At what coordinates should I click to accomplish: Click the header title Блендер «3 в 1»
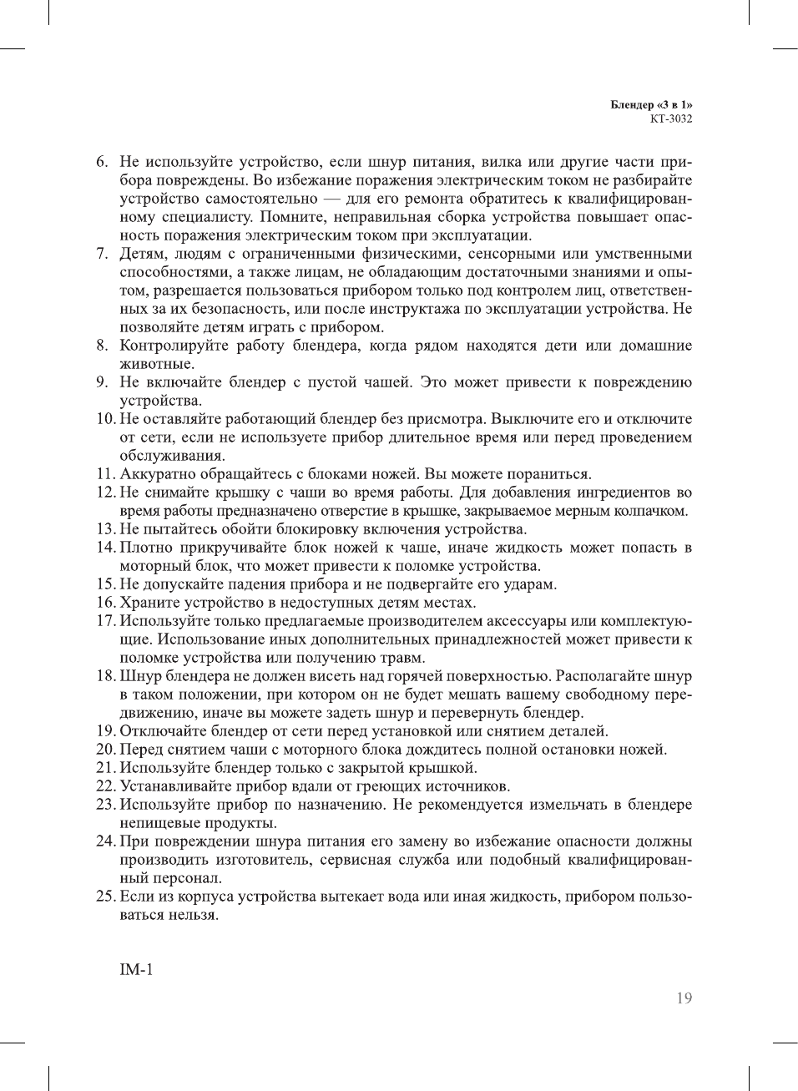pyautogui.click(x=651, y=105)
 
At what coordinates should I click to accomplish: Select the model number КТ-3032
pyautogui.click(x=671, y=119)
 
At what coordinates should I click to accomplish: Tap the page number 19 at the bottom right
pyautogui.click(x=684, y=998)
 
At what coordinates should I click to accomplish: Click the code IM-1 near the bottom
pyautogui.click(x=136, y=969)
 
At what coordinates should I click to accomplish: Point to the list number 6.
pyautogui.click(x=102, y=162)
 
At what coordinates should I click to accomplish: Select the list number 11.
pyautogui.click(x=105, y=474)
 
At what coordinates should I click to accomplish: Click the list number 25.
pyautogui.click(x=105, y=897)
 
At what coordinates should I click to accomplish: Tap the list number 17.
pyautogui.click(x=105, y=621)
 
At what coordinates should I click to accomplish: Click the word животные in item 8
pyautogui.click(x=156, y=364)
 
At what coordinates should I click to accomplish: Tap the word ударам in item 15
pyautogui.click(x=532, y=584)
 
